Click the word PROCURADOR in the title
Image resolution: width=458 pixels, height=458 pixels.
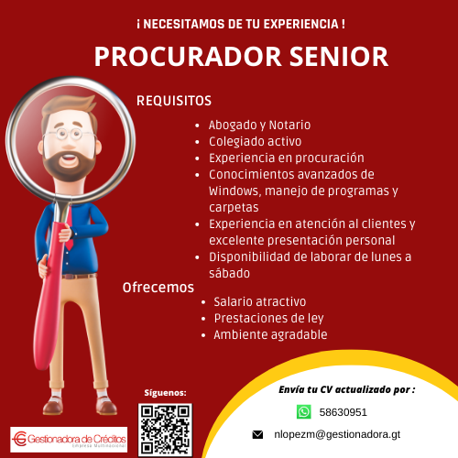[x=188, y=57]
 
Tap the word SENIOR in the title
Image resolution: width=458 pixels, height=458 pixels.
[x=339, y=57]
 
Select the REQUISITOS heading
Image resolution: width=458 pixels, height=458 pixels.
[x=174, y=101]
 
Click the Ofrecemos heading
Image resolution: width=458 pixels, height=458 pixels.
[x=158, y=288]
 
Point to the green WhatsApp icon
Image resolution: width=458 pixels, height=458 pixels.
[x=304, y=412]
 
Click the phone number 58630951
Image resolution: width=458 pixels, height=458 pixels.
[x=343, y=412]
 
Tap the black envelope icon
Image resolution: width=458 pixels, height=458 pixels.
[x=257, y=434]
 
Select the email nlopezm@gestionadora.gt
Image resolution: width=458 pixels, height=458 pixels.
[x=337, y=434]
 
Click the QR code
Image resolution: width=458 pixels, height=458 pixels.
[x=165, y=430]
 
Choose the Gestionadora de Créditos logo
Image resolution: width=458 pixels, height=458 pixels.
[x=69, y=440]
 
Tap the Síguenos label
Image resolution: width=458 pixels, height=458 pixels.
[x=165, y=393]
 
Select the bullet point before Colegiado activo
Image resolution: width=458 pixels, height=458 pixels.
[x=197, y=142]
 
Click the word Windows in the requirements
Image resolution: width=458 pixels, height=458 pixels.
[x=234, y=191]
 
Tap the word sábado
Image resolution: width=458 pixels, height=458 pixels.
[x=229, y=273]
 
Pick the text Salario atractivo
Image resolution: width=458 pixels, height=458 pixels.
[x=260, y=301]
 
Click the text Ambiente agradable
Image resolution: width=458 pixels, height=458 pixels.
[x=270, y=335]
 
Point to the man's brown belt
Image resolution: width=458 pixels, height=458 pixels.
[x=80, y=277]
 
